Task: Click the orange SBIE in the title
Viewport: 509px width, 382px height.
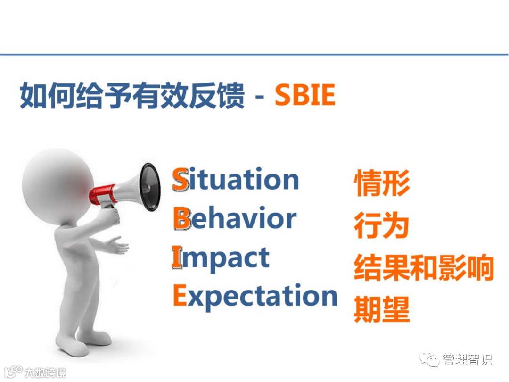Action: coord(305,94)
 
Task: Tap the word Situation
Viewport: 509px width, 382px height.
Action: coord(235,179)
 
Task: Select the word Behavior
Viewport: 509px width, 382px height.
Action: coord(235,217)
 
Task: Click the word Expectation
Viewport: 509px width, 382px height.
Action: coord(255,296)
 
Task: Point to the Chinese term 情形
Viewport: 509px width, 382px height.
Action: coord(381,183)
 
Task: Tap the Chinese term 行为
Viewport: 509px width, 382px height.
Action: coord(381,225)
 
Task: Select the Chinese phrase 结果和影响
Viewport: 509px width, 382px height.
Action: coord(424,267)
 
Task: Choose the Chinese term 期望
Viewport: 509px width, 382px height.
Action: coord(381,309)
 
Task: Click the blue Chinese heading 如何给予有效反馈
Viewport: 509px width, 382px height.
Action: coord(132,95)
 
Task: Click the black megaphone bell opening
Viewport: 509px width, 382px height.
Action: coord(150,187)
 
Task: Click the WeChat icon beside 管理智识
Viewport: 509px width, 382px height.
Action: coord(430,359)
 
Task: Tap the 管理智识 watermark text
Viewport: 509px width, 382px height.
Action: coord(468,359)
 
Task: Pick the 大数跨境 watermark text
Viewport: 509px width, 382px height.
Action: coord(45,373)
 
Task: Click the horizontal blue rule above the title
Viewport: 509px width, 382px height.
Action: coord(254,54)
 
